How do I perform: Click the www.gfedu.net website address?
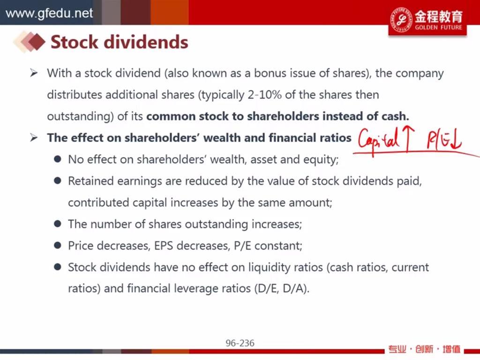(49, 13)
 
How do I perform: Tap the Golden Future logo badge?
(427, 19)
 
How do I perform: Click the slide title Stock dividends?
(119, 42)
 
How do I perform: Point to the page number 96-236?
(240, 343)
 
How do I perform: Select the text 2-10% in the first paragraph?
(264, 95)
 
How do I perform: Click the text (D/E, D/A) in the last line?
(282, 289)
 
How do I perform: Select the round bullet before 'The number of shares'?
(57, 224)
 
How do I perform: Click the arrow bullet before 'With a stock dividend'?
(34, 73)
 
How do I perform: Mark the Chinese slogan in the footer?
(424, 349)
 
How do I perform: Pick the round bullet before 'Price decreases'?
(57, 245)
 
